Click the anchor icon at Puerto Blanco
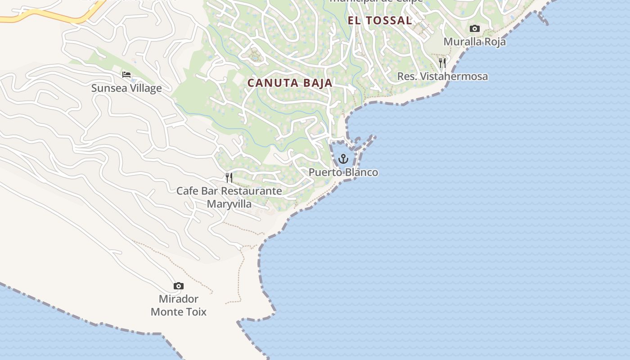pos(343,159)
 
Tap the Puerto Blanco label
pos(343,172)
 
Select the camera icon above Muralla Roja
pos(474,29)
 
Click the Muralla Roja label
pos(474,42)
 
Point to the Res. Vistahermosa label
pos(442,76)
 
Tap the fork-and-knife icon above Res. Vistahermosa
pos(442,63)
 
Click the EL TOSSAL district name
pos(379,20)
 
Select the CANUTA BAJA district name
pos(290,83)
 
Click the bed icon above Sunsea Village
pos(126,74)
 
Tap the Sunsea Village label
pos(126,88)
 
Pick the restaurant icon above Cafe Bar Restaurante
pos(229,178)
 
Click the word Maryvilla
pos(229,204)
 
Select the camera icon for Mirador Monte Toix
pos(179,286)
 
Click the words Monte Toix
pos(179,311)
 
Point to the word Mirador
pos(179,299)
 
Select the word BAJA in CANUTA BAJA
pos(317,83)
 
